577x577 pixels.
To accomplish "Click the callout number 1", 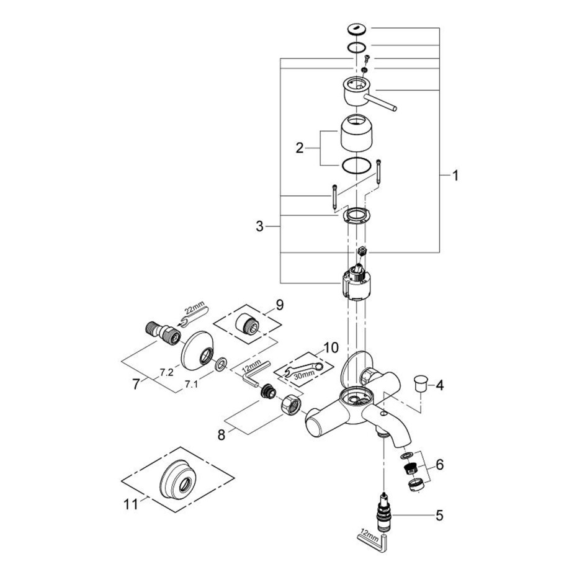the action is (x=455, y=176).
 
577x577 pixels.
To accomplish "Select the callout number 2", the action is (x=300, y=148).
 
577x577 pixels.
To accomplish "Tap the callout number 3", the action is (x=260, y=226).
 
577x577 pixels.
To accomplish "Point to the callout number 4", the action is (x=439, y=386).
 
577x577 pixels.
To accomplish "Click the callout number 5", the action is (x=439, y=516).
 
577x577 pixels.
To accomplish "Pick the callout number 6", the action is (x=439, y=465).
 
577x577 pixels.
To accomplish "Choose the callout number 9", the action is (x=280, y=305).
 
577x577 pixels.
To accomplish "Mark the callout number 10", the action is (x=331, y=347).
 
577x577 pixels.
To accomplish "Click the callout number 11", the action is (x=131, y=504).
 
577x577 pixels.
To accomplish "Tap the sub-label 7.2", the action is (x=166, y=372).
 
